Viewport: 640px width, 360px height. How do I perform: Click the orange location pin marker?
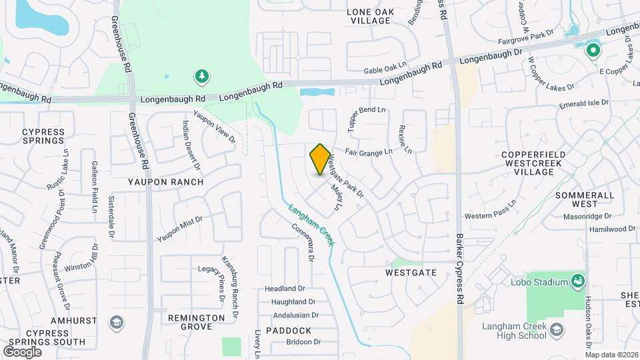[320, 159]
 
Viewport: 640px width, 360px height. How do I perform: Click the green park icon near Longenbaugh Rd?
[201, 77]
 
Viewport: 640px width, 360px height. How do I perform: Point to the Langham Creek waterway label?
[310, 225]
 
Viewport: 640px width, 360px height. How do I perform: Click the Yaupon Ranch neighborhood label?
[166, 181]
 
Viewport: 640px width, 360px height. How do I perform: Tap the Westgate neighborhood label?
[411, 273]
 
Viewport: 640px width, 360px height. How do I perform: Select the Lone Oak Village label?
[371, 16]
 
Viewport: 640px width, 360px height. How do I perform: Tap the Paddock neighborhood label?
[288, 331]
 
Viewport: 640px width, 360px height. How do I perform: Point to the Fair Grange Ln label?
[369, 152]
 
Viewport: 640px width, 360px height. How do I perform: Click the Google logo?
[22, 351]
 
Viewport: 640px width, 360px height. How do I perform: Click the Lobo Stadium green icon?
[577, 281]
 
